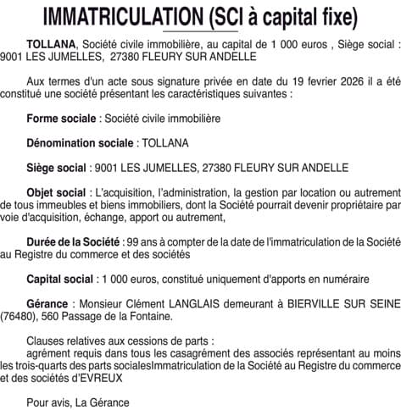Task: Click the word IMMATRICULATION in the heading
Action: click(x=114, y=16)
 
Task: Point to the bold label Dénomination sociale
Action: click(x=80, y=142)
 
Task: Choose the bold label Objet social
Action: click(x=56, y=192)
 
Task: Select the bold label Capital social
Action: click(x=59, y=279)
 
